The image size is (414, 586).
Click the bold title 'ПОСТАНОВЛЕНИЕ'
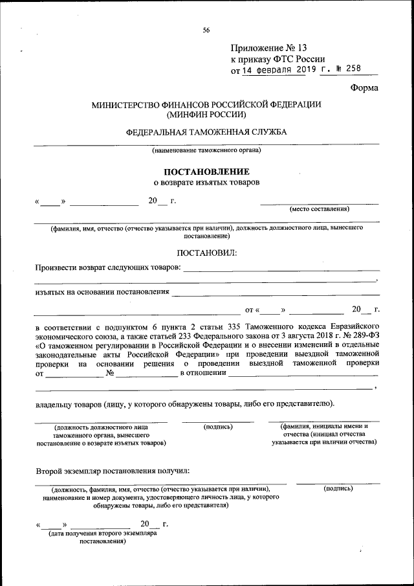click(x=206, y=172)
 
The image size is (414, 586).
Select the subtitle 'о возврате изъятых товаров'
click(x=206, y=183)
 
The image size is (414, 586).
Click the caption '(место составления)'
click(x=319, y=209)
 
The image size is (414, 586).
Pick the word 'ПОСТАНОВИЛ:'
click(x=206, y=252)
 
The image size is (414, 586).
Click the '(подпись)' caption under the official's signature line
click(x=217, y=427)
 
